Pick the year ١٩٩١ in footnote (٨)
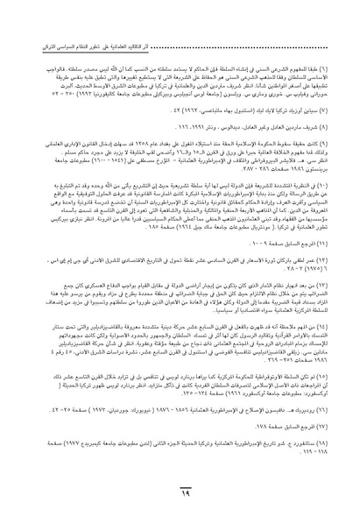pyautogui.click(x=188, y=103)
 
